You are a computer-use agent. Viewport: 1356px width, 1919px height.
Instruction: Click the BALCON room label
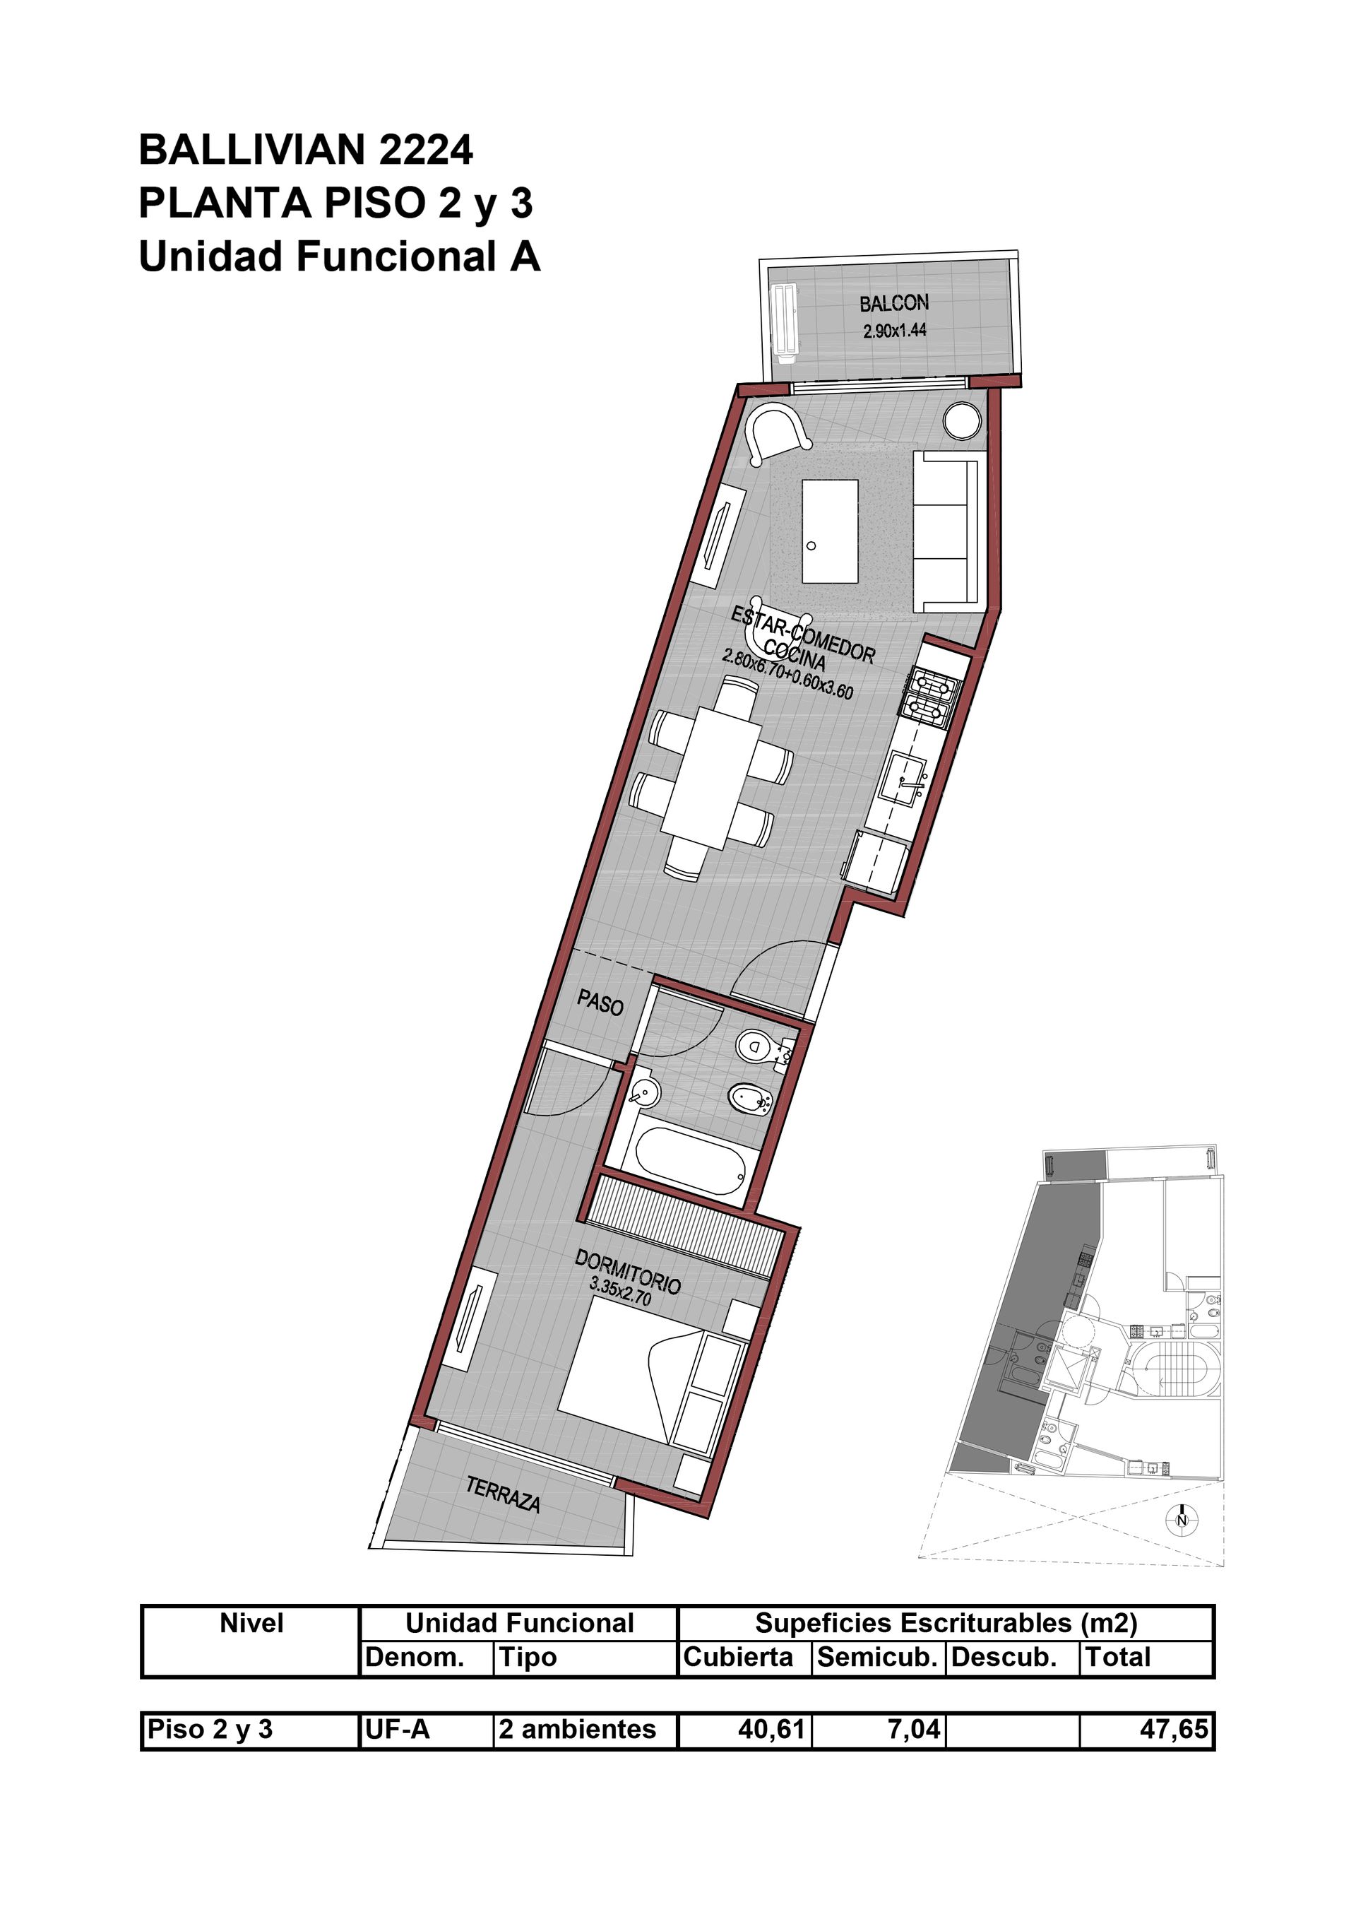(894, 302)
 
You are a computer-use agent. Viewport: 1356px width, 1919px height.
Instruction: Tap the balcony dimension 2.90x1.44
(895, 330)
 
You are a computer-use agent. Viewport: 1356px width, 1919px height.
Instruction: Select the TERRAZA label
(503, 1495)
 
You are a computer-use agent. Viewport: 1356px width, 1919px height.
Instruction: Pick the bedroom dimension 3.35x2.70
(620, 1292)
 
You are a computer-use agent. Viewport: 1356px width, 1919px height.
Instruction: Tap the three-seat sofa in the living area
(948, 533)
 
